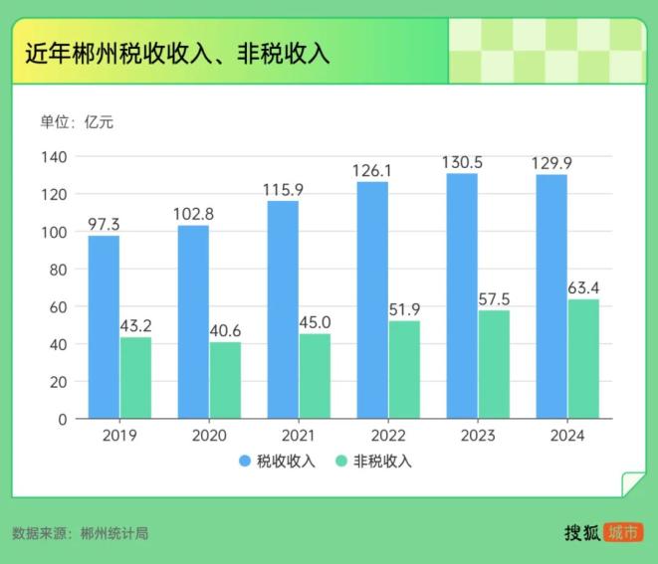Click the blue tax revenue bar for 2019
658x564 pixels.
tap(104, 326)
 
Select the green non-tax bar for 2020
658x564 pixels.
tap(225, 380)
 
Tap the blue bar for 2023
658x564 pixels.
tap(462, 295)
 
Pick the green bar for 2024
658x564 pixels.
tap(583, 359)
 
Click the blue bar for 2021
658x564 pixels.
tap(283, 309)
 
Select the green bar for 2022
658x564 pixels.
tap(404, 369)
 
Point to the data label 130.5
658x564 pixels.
tap(462, 162)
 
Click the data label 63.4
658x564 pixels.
tap(583, 288)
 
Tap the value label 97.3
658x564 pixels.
tap(104, 224)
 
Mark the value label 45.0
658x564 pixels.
tap(315, 322)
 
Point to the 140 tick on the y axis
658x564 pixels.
tap(54, 157)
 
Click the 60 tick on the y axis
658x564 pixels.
tap(58, 306)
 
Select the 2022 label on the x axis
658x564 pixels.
tap(388, 436)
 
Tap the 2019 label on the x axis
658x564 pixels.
tap(119, 436)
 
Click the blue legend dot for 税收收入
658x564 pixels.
tap(245, 461)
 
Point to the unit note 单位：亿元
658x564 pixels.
tap(77, 122)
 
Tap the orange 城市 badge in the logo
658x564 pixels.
tap(623, 532)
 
